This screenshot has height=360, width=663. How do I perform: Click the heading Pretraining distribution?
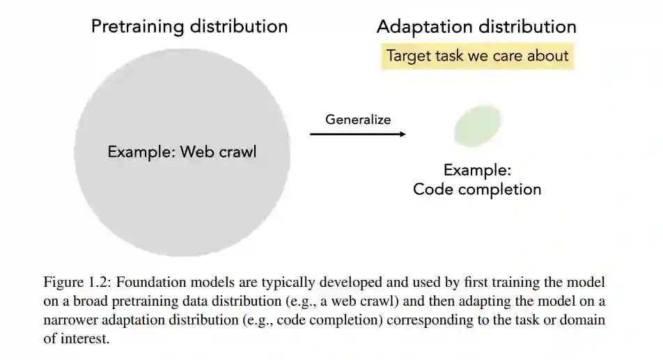pos(189,27)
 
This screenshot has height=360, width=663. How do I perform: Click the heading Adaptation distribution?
pos(476,27)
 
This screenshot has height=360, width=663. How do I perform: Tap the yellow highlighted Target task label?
pos(478,56)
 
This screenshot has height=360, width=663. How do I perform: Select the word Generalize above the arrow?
pos(358,119)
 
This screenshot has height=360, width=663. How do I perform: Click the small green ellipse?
pos(478,126)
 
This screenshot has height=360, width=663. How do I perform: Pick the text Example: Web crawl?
pos(182,152)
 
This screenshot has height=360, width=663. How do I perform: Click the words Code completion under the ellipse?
pos(477,189)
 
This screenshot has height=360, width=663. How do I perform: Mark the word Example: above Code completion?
pos(477,170)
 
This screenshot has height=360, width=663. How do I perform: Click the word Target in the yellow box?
pos(409,56)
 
